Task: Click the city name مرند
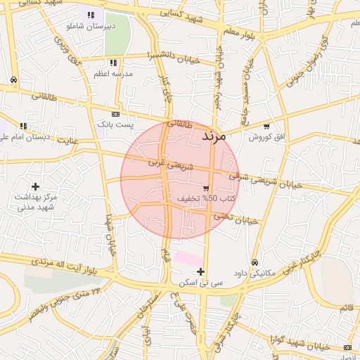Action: (x=214, y=136)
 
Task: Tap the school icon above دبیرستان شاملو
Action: (x=91, y=15)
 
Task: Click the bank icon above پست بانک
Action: (x=115, y=114)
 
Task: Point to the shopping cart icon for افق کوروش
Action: (x=266, y=127)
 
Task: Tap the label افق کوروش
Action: (x=268, y=136)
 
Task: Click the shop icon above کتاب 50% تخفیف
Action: (x=206, y=188)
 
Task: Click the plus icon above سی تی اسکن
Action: (x=201, y=271)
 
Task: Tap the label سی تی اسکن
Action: (x=201, y=282)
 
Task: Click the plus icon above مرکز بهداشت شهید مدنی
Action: (x=35, y=186)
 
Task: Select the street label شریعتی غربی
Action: (x=167, y=163)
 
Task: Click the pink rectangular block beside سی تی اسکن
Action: (x=188, y=259)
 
